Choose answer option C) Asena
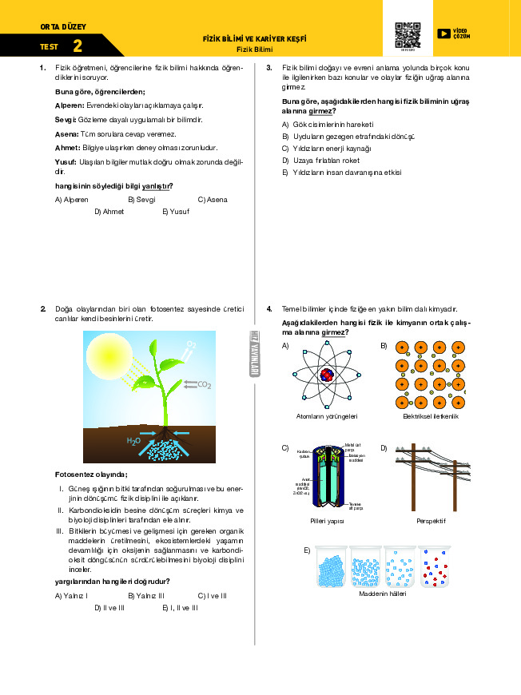213,199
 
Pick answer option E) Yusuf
176,212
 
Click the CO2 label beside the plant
204,385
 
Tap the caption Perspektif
431,521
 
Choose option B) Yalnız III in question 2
146,596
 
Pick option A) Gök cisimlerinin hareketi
328,125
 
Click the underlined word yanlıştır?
157,186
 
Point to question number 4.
269,308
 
